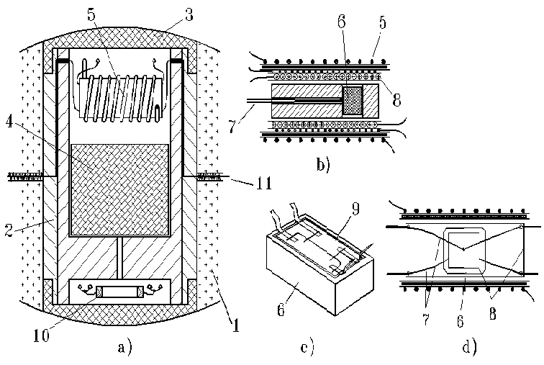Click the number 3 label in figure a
[189, 15]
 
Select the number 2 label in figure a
[9, 230]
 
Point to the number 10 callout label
[41, 335]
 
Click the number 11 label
[263, 183]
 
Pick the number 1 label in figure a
[235, 325]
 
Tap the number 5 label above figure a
[91, 15]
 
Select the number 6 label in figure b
[342, 22]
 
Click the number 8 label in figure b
[396, 99]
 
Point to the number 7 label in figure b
[233, 125]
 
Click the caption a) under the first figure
[124, 347]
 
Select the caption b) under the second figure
[323, 164]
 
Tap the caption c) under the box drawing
[307, 347]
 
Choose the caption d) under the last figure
[470, 347]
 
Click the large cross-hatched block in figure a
[119, 189]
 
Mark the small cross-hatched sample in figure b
[352, 100]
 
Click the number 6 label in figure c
[281, 310]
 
